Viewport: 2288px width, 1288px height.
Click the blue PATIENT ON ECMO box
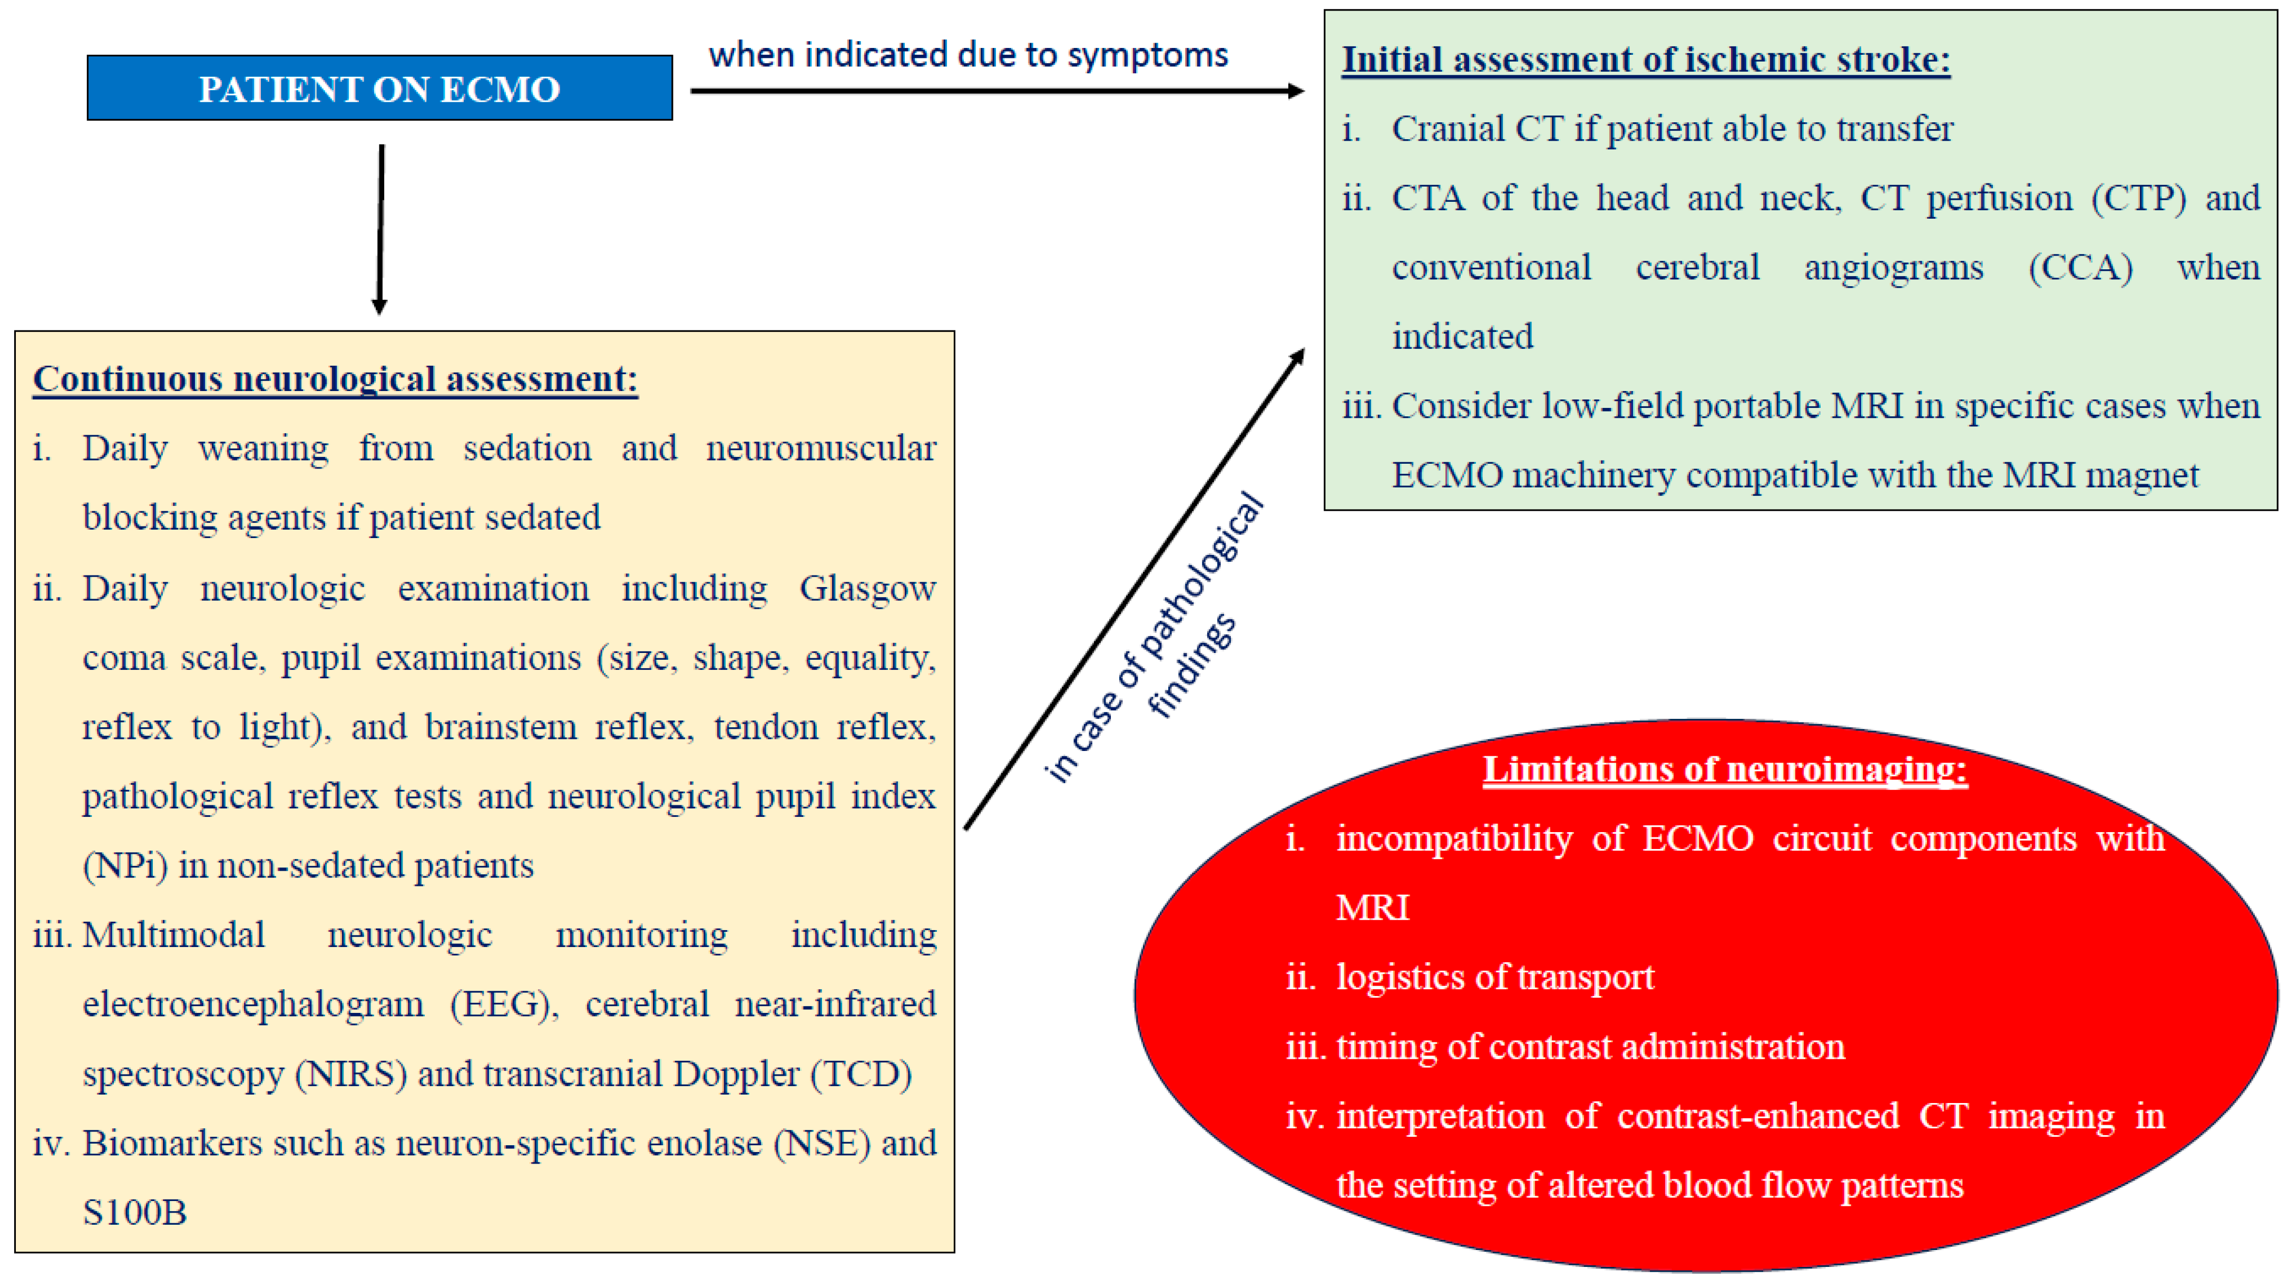[379, 88]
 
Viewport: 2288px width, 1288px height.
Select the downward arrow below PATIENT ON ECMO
[381, 229]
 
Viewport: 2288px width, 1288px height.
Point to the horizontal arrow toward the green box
[995, 91]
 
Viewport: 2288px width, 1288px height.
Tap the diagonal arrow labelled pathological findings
[1133, 590]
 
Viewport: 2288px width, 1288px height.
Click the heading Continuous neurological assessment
[335, 379]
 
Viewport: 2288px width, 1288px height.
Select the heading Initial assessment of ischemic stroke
[1645, 60]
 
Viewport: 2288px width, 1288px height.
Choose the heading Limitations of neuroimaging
[1724, 769]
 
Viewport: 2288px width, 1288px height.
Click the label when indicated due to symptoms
[968, 55]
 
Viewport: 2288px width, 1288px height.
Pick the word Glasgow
[867, 588]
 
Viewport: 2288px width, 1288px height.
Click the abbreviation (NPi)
[125, 866]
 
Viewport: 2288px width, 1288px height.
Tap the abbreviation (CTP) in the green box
[2138, 198]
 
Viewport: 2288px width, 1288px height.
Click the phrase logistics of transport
[1495, 977]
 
